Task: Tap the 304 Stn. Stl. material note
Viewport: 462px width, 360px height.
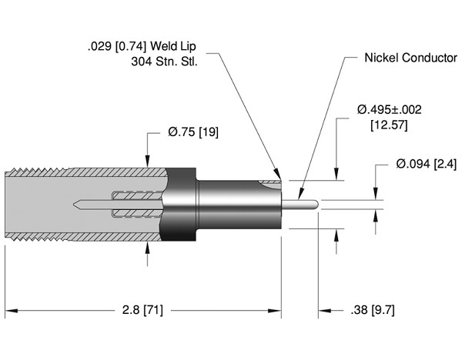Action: (x=166, y=62)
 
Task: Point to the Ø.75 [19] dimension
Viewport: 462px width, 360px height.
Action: (x=193, y=132)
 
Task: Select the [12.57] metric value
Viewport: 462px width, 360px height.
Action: (x=389, y=125)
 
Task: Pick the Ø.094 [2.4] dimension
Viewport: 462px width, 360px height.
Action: (x=425, y=165)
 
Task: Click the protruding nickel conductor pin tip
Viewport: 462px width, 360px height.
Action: (x=314, y=205)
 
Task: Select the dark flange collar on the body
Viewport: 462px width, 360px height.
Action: (x=179, y=205)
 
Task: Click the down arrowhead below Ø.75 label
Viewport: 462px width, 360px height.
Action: (x=148, y=162)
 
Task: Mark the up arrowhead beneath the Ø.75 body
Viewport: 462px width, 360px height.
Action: (x=148, y=248)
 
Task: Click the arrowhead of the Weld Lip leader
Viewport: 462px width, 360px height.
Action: (x=277, y=175)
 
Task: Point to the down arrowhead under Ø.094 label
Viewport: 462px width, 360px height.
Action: (x=376, y=196)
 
